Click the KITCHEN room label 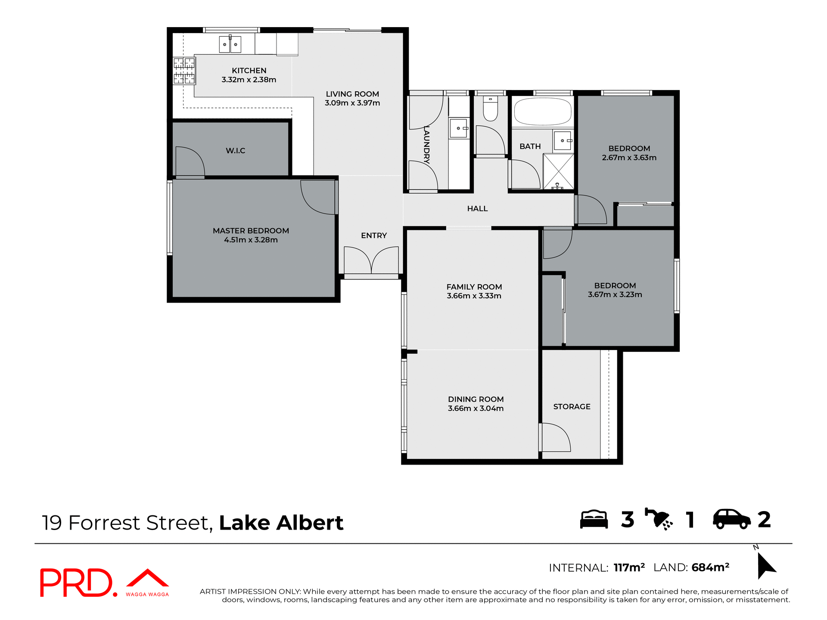(x=249, y=71)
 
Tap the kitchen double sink (x=230, y=44)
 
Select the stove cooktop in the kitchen (x=184, y=71)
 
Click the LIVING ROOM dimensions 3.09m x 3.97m (x=352, y=103)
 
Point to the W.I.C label (x=235, y=151)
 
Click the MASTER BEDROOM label (x=251, y=231)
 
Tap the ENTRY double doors (x=371, y=260)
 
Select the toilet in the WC (x=490, y=109)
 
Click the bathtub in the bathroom (x=542, y=112)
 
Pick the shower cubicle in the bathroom (x=558, y=171)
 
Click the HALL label (x=477, y=209)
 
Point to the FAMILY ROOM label (x=474, y=287)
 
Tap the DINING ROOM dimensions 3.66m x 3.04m (x=476, y=409)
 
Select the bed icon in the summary (x=594, y=519)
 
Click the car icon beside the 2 (x=731, y=519)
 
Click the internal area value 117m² (x=629, y=568)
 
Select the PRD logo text (x=77, y=583)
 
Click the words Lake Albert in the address (x=281, y=523)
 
